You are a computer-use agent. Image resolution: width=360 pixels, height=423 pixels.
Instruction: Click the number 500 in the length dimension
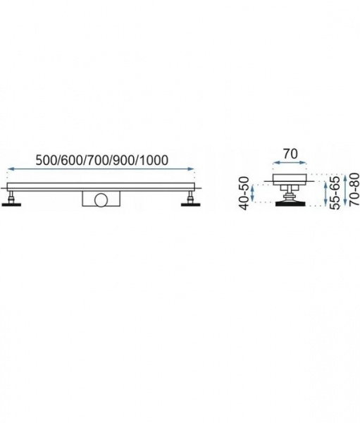[x=45, y=160]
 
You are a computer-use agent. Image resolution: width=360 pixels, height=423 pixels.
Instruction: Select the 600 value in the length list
[x=70, y=160]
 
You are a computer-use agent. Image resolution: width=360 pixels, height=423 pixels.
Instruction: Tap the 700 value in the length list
[x=97, y=160]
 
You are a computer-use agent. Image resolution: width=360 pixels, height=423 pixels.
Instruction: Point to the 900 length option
[x=123, y=160]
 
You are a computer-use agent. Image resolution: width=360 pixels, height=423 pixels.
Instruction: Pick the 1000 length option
[x=154, y=160]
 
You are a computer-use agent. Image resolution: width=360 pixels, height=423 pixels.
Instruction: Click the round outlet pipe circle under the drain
[x=101, y=200]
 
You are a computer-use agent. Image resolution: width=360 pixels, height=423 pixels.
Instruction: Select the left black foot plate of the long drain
[x=11, y=204]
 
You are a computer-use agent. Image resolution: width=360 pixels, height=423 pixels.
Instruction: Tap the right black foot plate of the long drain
[x=191, y=204]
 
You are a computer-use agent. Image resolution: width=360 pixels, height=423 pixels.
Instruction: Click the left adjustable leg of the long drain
[x=11, y=197]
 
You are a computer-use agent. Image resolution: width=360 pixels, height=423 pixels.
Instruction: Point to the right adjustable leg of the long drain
[x=191, y=197]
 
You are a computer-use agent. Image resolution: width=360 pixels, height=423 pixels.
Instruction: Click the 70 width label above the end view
[x=290, y=154]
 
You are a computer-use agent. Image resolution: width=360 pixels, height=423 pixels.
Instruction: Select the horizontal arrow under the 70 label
[x=290, y=163]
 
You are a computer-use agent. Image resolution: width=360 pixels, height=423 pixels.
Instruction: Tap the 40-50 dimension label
[x=244, y=193]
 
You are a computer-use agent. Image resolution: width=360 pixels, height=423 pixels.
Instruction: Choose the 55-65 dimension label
[x=335, y=192]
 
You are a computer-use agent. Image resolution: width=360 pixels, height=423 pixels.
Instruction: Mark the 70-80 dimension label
[x=354, y=190]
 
